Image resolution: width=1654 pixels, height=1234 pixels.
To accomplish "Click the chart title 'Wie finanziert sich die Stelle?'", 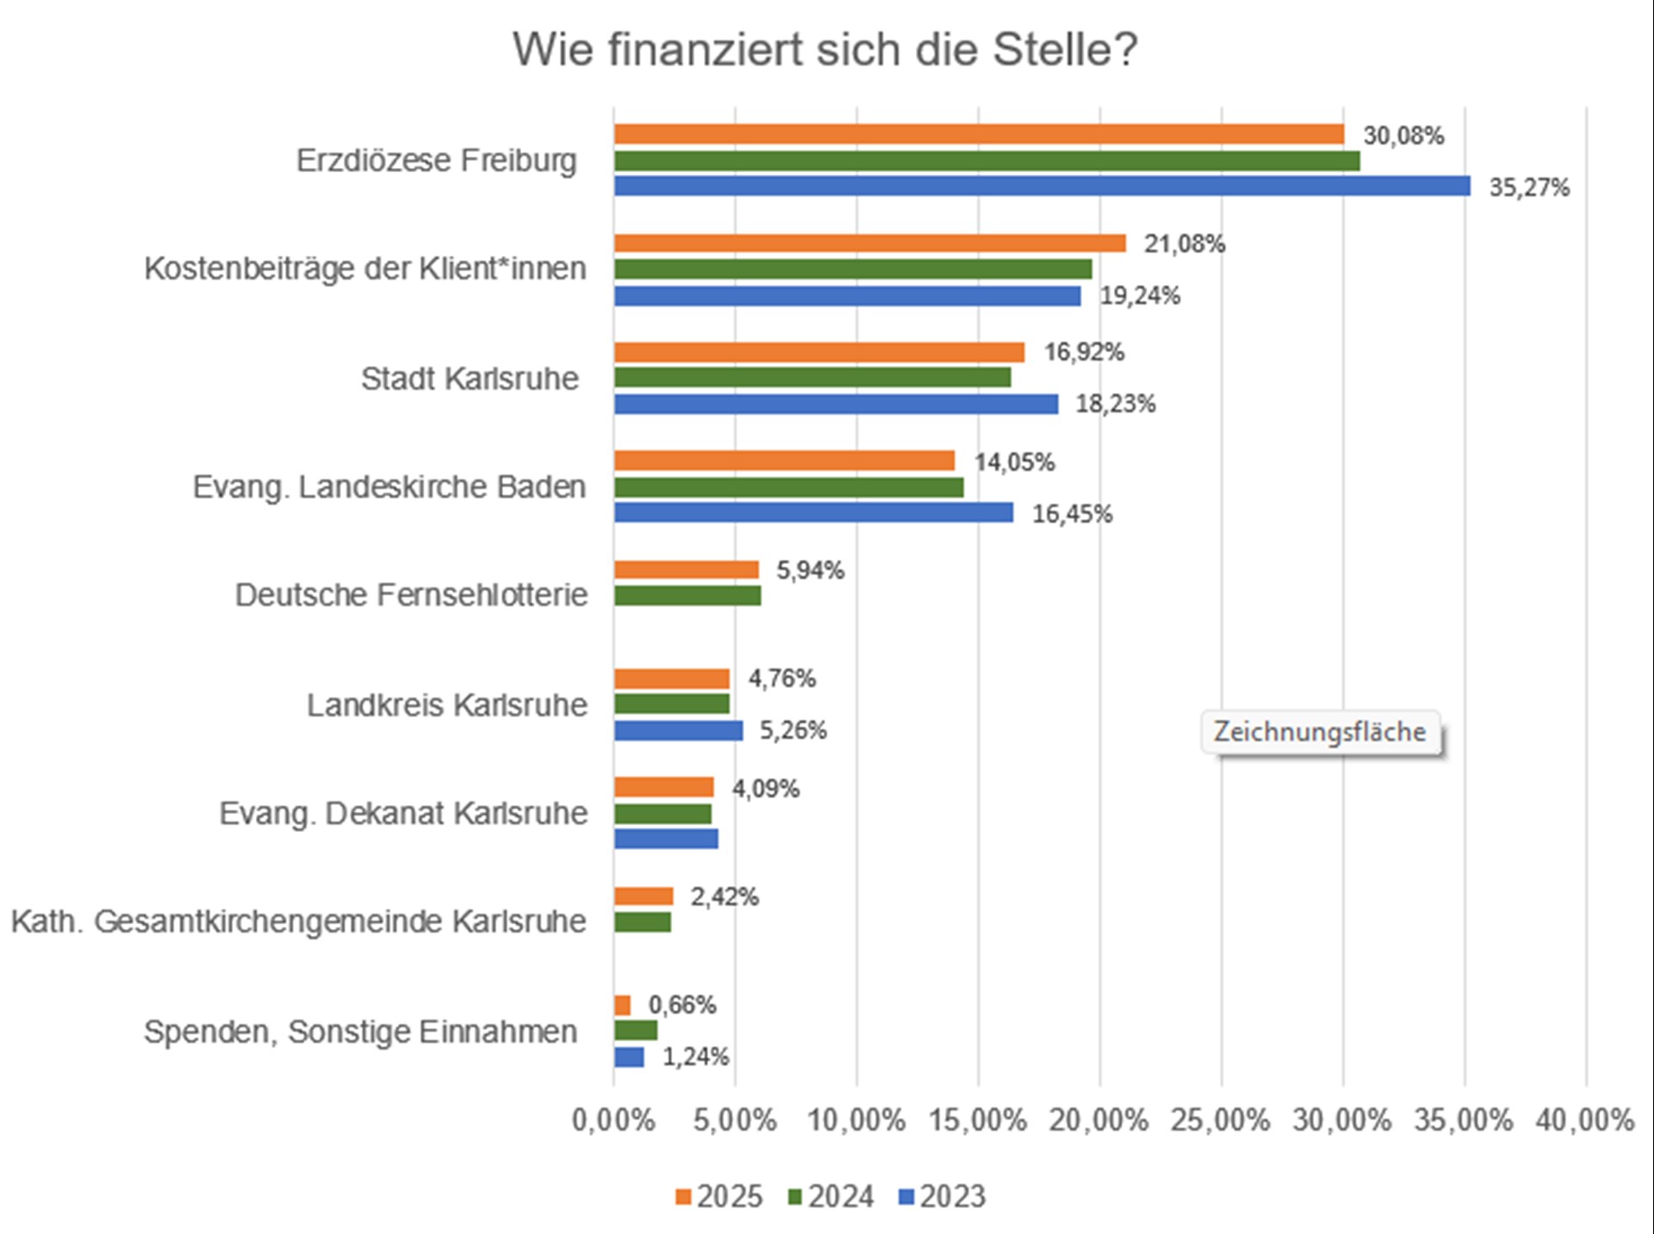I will pyautogui.click(x=824, y=49).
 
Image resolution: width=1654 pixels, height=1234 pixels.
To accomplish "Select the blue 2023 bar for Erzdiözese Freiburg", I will pyautogui.click(x=1042, y=186).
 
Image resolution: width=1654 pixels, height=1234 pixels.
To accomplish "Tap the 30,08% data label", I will pyautogui.click(x=1402, y=135).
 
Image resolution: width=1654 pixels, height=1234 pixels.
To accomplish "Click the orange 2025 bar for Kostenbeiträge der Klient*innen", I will pyautogui.click(x=869, y=243).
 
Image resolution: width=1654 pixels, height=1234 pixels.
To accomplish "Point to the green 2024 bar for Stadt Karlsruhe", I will pyautogui.click(x=811, y=377).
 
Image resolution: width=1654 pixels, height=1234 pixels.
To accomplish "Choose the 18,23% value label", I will pyautogui.click(x=1115, y=404).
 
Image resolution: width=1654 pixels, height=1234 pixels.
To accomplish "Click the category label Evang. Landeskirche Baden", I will pyautogui.click(x=389, y=487).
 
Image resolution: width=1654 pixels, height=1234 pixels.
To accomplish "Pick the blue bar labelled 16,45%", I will pyautogui.click(x=813, y=513).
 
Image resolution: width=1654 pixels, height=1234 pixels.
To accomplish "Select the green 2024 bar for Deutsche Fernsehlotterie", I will pyautogui.click(x=687, y=595).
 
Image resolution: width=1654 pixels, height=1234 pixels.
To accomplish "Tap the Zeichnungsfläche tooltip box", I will pyautogui.click(x=1319, y=732).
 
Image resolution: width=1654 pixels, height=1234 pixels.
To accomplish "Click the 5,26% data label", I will pyautogui.click(x=793, y=730).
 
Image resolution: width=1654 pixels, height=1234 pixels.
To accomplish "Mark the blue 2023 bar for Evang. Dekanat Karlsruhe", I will pyautogui.click(x=665, y=839).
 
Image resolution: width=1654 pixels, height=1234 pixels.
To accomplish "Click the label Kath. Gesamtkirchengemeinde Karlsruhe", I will pyautogui.click(x=298, y=921).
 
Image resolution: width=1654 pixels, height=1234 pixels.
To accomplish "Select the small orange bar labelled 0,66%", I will pyautogui.click(x=622, y=1005).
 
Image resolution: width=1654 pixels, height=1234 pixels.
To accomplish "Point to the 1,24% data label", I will pyautogui.click(x=695, y=1057).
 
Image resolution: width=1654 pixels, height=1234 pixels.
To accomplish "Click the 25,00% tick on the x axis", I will pyautogui.click(x=1220, y=1120).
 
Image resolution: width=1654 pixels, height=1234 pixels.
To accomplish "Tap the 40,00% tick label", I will pyautogui.click(x=1584, y=1120).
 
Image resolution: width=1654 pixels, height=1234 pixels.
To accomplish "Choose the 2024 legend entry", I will pyautogui.click(x=830, y=1196).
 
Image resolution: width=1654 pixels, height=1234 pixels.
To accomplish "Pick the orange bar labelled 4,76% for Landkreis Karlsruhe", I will pyautogui.click(x=671, y=679).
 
